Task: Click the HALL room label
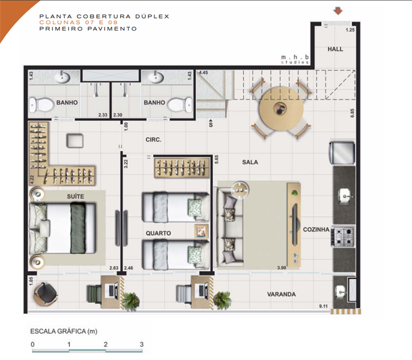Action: coord(335,49)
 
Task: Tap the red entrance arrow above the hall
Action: coord(338,11)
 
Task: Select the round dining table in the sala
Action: coord(281,108)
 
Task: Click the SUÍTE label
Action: coord(76,196)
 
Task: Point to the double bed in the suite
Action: coord(62,228)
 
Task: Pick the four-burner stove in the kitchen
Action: coord(343,236)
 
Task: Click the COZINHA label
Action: coord(316,229)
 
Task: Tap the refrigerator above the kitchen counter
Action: coord(342,153)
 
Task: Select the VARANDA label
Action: coord(282,295)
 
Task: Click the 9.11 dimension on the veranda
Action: coord(323,306)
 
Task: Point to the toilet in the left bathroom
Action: coord(41,104)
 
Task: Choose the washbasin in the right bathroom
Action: coord(156,77)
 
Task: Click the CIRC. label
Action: coord(154,140)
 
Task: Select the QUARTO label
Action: coord(158,233)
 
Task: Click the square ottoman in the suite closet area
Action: coord(75,141)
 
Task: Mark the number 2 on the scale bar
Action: coord(105,344)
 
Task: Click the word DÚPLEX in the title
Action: coord(153,16)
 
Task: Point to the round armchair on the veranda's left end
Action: coord(46,294)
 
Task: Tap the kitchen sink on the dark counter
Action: coord(344,196)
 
